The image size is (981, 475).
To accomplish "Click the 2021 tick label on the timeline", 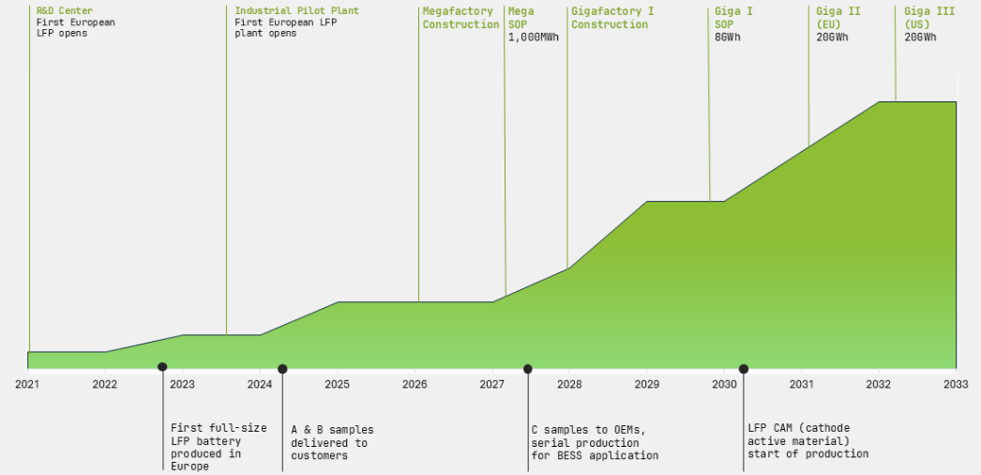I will [28, 384].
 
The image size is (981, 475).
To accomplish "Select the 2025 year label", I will [337, 384].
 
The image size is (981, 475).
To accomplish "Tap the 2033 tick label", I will [956, 384].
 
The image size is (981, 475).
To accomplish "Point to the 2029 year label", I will [646, 384].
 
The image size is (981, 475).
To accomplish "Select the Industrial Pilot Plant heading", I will [283, 11].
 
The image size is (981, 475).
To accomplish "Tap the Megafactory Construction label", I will [460, 18].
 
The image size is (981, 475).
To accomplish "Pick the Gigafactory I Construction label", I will [611, 18].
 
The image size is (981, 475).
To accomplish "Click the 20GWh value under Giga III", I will [920, 38].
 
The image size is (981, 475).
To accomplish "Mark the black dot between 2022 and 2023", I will [162, 367].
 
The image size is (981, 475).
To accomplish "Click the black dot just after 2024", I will [282, 369].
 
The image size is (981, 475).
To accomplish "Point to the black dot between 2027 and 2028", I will [528, 369].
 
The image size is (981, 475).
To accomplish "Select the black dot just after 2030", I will [744, 369].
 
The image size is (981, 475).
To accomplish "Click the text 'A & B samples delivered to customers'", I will [331, 442].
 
